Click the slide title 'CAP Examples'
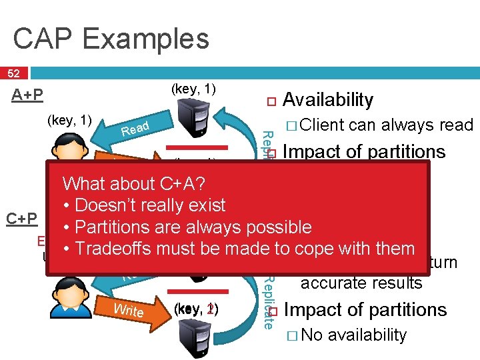[x=111, y=39]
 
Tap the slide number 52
[x=13, y=73]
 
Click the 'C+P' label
[x=21, y=219]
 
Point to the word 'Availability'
[x=328, y=100]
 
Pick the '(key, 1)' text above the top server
[x=193, y=89]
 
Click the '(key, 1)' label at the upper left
[x=69, y=120]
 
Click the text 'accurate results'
[x=361, y=283]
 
